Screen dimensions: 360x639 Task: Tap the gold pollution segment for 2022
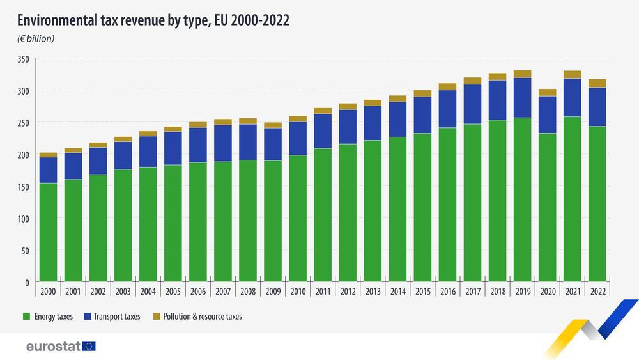click(x=597, y=83)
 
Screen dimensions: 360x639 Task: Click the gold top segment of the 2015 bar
click(x=422, y=93)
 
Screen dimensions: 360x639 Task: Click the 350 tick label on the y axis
click(x=24, y=59)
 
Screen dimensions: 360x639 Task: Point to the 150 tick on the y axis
click(x=24, y=187)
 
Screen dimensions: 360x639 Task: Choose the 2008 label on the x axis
click(x=248, y=291)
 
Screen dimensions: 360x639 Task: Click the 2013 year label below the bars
click(x=373, y=291)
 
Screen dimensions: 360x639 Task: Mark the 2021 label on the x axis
click(x=572, y=291)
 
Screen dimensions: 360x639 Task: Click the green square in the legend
click(x=26, y=317)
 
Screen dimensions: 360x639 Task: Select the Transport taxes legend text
click(x=116, y=317)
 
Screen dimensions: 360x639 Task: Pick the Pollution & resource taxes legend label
click(x=202, y=317)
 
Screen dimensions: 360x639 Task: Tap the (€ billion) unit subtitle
click(x=36, y=39)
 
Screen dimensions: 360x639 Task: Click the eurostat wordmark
click(x=52, y=347)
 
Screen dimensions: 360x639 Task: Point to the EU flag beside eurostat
click(x=89, y=347)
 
